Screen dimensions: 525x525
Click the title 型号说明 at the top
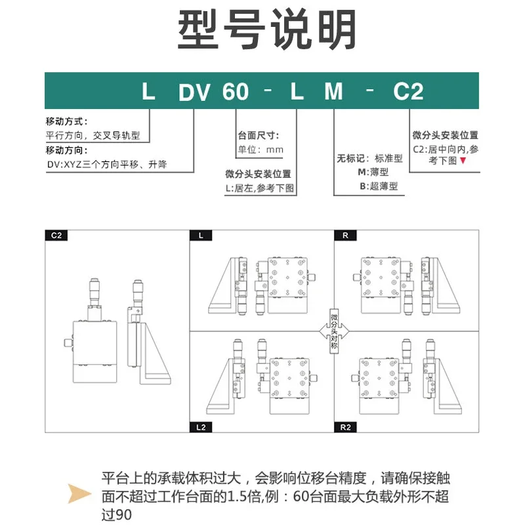click(266, 30)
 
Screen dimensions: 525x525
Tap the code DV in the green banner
click(194, 92)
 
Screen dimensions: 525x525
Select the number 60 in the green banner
click(236, 91)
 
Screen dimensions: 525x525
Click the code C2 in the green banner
click(408, 91)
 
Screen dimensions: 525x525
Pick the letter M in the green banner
click(333, 91)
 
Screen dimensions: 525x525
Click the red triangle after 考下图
click(463, 160)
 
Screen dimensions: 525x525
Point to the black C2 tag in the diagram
click(56, 236)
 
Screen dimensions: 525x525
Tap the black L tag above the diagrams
click(201, 236)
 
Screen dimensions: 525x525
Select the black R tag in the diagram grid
click(345, 236)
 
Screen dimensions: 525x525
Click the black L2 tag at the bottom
click(201, 427)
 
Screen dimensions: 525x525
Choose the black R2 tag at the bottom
click(345, 427)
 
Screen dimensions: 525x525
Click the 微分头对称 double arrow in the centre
click(334, 331)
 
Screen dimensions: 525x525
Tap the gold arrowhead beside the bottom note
click(79, 493)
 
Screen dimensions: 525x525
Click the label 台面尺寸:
click(258, 136)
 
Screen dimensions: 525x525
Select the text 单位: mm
click(261, 150)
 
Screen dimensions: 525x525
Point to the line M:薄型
click(373, 172)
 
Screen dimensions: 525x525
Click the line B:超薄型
click(379, 186)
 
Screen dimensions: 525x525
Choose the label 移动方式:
click(67, 121)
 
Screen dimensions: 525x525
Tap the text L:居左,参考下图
click(259, 188)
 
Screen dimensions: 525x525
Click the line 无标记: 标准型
click(369, 158)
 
